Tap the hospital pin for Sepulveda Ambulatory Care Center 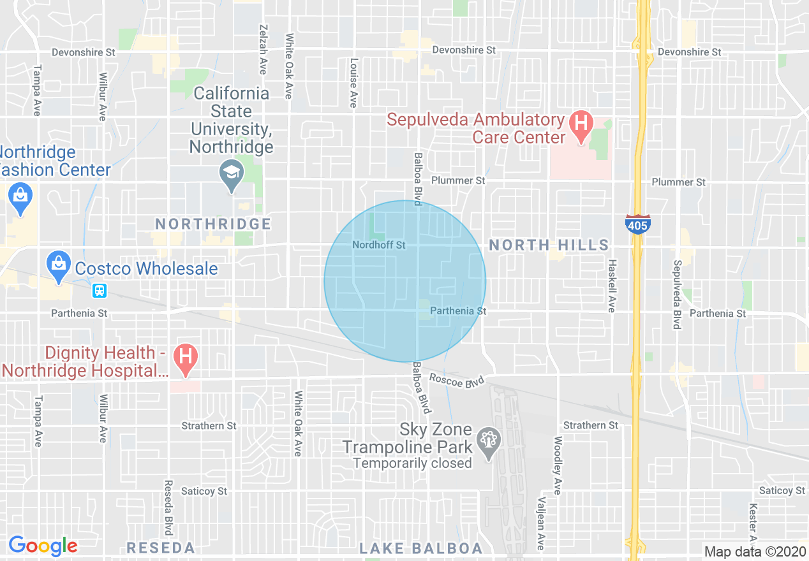click(581, 123)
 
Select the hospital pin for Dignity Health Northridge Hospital click(186, 359)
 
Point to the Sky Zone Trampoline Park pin click(489, 441)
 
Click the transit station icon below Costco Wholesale click(99, 291)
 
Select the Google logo click(43, 546)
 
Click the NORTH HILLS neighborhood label click(549, 245)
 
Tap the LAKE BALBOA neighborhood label click(421, 548)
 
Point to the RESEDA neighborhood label click(160, 548)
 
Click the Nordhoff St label click(379, 245)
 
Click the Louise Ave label click(353, 83)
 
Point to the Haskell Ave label click(611, 285)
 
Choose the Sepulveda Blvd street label click(677, 295)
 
